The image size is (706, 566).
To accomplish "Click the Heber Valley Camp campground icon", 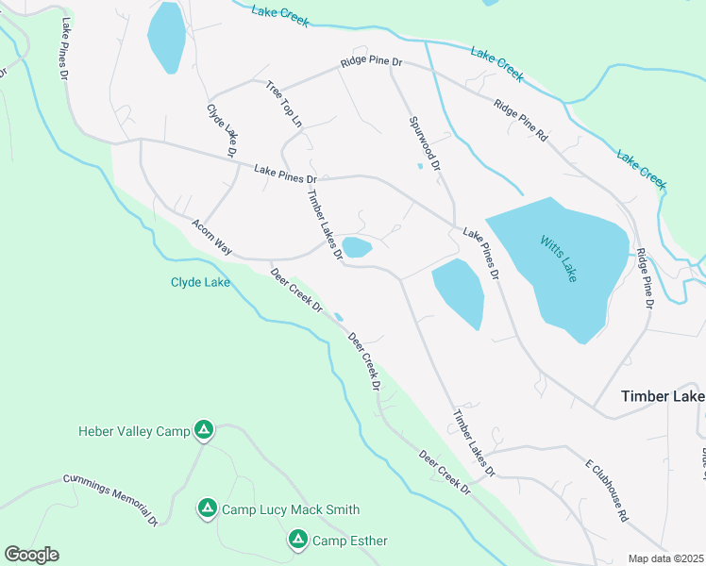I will click(203, 431).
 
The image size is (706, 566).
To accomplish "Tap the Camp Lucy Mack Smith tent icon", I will click(207, 508).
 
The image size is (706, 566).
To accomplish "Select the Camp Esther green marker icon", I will click(297, 540).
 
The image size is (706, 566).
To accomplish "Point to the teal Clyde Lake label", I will click(199, 282).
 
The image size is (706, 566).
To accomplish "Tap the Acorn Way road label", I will click(211, 236).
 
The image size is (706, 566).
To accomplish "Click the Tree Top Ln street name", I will click(284, 104).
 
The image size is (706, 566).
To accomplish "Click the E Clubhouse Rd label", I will click(606, 491).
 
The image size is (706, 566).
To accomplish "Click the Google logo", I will click(31, 555).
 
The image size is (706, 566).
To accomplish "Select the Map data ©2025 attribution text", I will click(665, 558).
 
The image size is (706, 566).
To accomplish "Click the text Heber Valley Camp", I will click(134, 432).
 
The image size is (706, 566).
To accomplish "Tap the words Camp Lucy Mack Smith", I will click(290, 509).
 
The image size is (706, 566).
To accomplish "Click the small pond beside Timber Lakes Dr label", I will click(357, 248).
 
